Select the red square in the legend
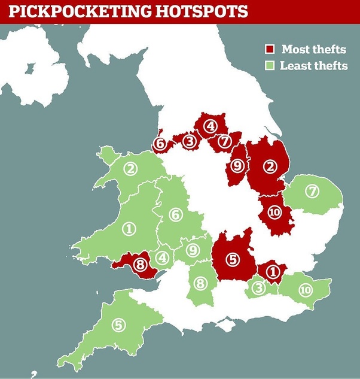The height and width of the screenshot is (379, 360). pyautogui.click(x=271, y=49)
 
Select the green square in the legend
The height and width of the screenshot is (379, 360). pyautogui.click(x=271, y=66)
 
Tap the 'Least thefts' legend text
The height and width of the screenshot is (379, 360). pyautogui.click(x=314, y=66)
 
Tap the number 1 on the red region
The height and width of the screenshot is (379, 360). pyautogui.click(x=272, y=271)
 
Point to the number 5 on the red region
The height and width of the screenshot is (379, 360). pyautogui.click(x=233, y=259)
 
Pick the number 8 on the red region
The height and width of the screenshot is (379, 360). pyautogui.click(x=141, y=264)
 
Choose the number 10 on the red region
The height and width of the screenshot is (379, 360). pyautogui.click(x=274, y=212)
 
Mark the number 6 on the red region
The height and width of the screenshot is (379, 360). pyautogui.click(x=160, y=144)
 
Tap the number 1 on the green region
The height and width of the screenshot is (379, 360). pyautogui.click(x=129, y=228)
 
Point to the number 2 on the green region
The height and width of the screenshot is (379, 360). pyautogui.click(x=130, y=169)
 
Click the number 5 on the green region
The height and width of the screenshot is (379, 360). pyautogui.click(x=119, y=325)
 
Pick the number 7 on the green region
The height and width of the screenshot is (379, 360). pyautogui.click(x=312, y=192)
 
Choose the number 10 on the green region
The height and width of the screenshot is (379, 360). pyautogui.click(x=305, y=290)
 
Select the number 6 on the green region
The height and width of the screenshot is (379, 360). pyautogui.click(x=175, y=214)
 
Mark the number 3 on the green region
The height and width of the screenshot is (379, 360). pyautogui.click(x=258, y=288)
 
